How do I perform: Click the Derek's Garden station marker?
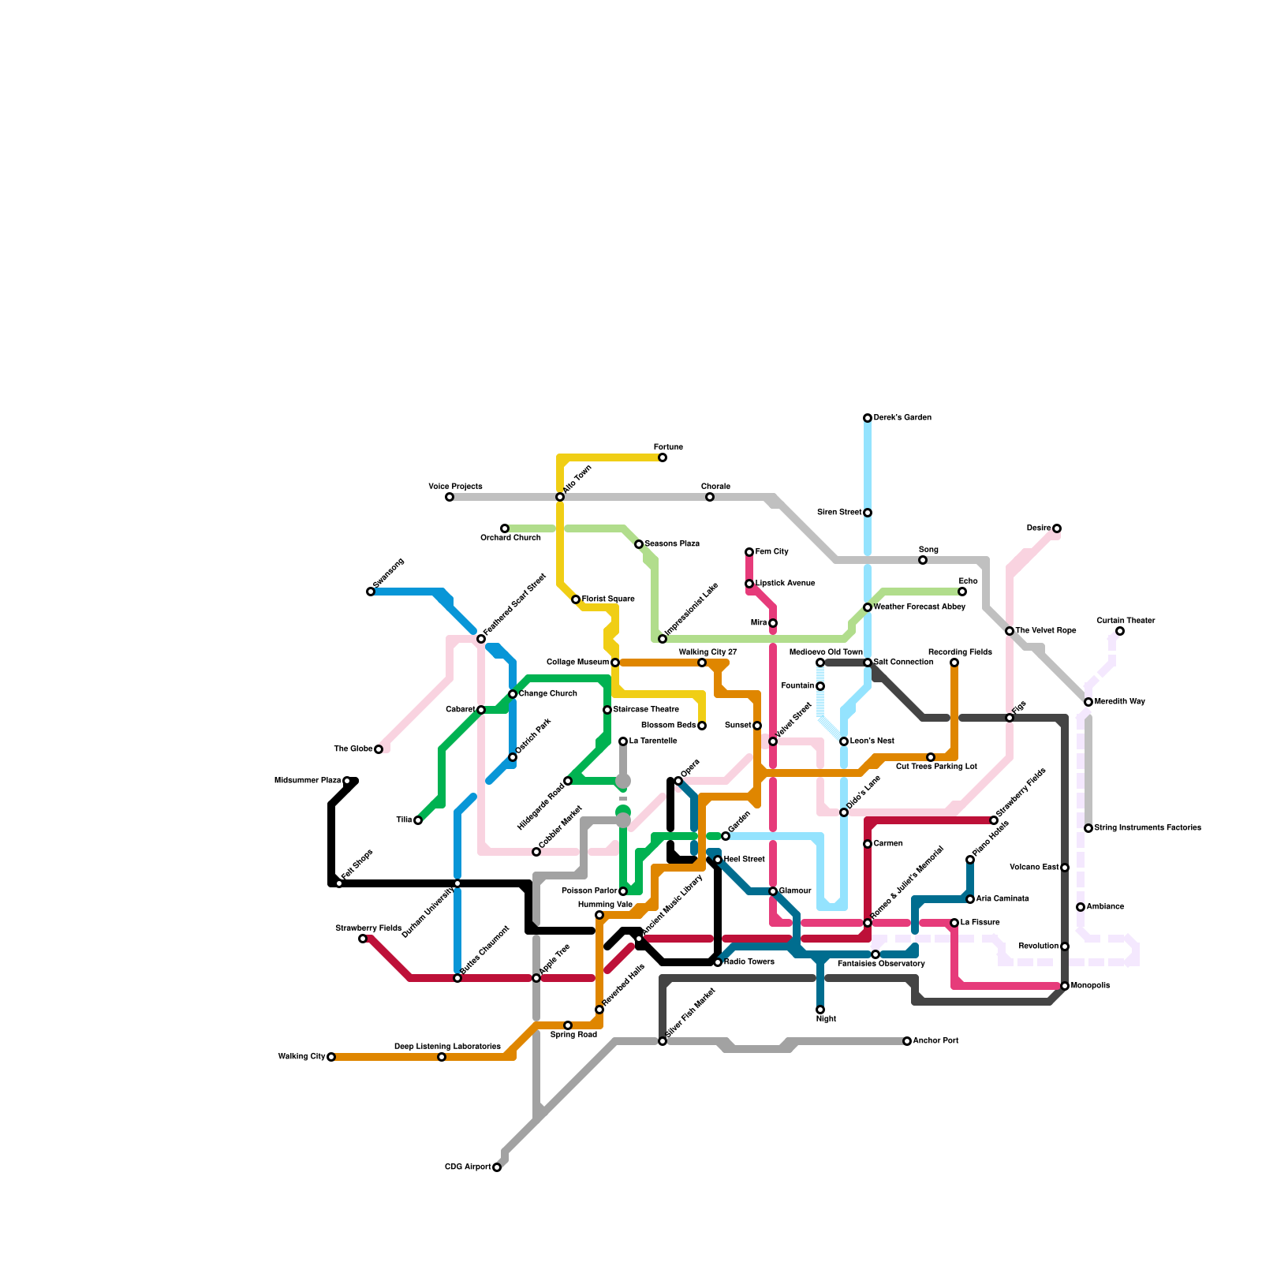(x=868, y=418)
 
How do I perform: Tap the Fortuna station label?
(x=668, y=447)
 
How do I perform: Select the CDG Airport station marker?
(x=497, y=1167)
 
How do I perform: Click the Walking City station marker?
(x=331, y=1057)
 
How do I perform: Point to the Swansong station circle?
(x=371, y=592)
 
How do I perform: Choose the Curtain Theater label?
(x=1126, y=621)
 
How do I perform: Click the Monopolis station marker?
(x=1065, y=986)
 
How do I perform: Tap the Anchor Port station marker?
(x=907, y=1041)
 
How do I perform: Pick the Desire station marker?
(x=1057, y=528)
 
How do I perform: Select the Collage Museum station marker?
(x=615, y=663)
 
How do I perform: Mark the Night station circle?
(x=820, y=1010)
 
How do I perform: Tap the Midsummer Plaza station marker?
(x=347, y=781)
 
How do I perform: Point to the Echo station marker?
(x=962, y=592)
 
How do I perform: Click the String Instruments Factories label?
(x=1148, y=828)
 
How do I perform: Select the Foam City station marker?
(x=749, y=552)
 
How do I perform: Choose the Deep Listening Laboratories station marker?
(x=442, y=1057)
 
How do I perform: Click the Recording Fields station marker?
(x=954, y=663)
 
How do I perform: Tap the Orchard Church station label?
(x=510, y=538)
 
